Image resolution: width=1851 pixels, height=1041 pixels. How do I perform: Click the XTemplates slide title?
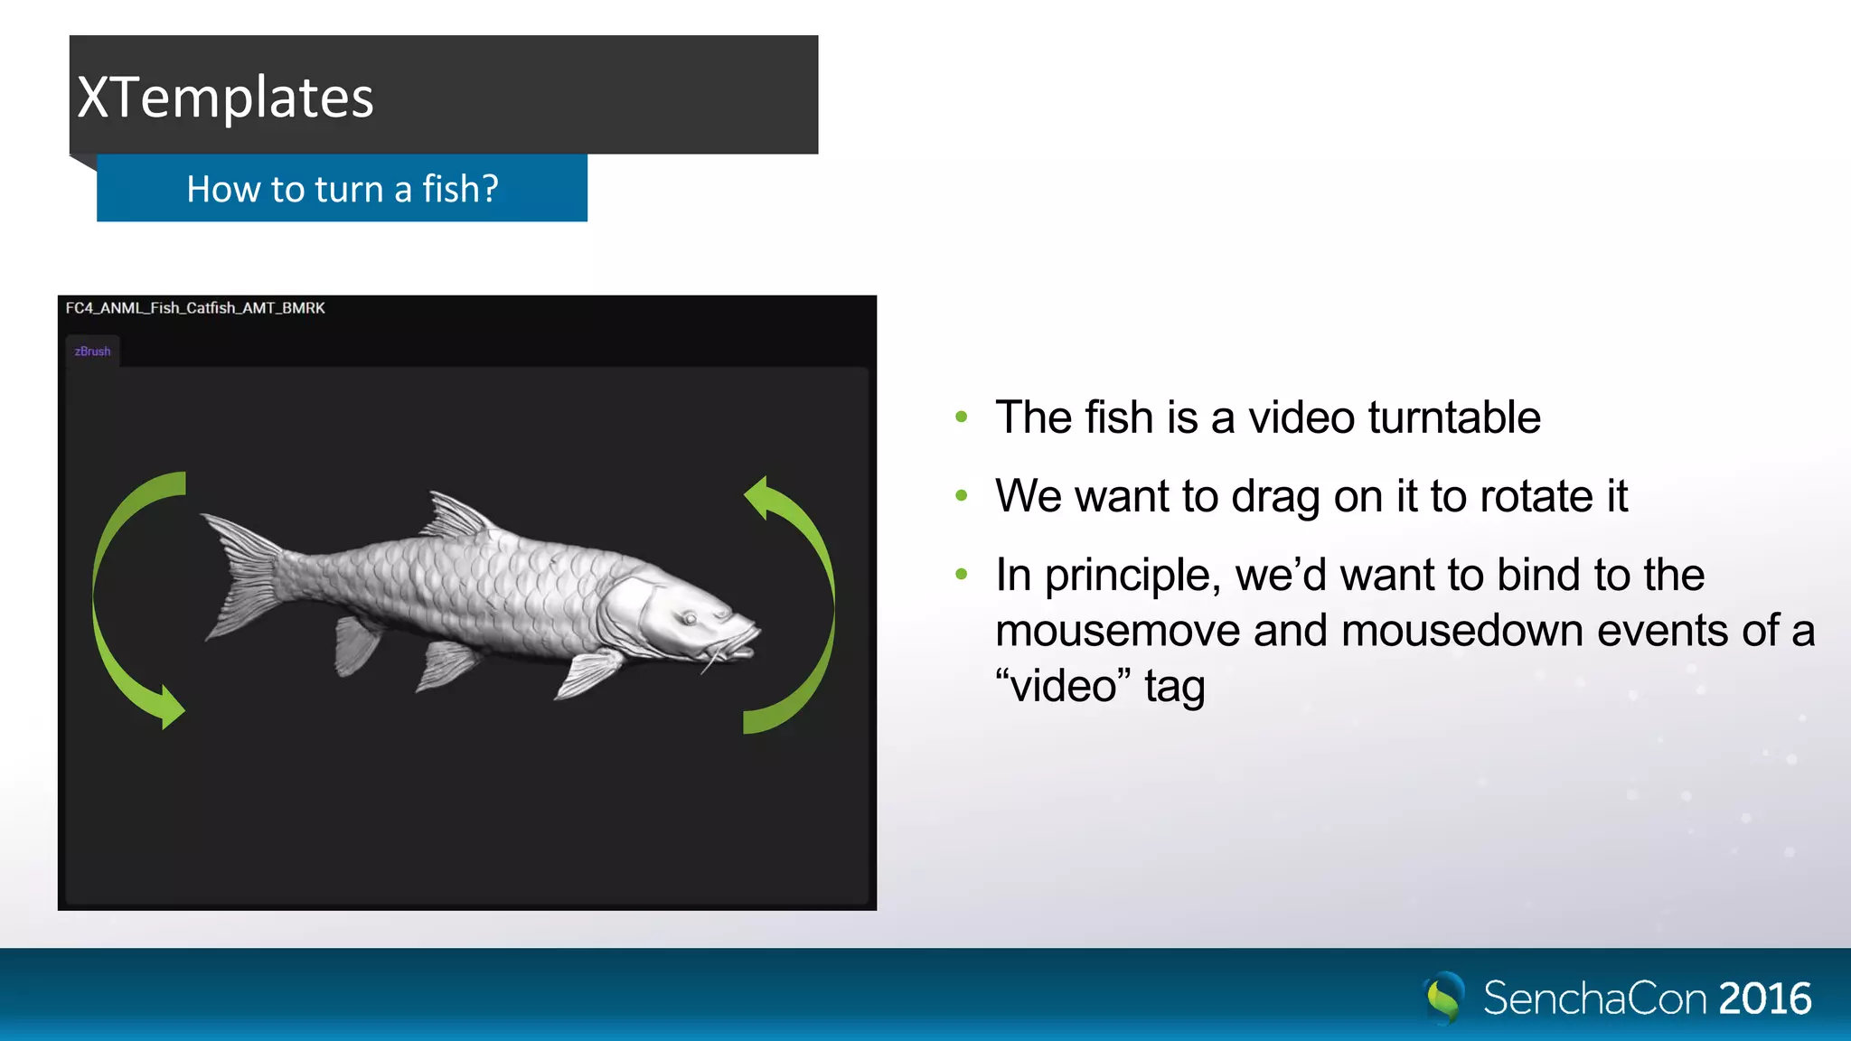pyautogui.click(x=226, y=98)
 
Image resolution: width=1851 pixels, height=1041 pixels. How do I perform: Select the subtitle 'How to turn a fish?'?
pyautogui.click(x=342, y=189)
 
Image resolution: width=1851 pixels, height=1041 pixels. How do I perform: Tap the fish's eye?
pyautogui.click(x=689, y=619)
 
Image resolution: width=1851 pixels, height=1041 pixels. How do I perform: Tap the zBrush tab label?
pyautogui.click(x=92, y=352)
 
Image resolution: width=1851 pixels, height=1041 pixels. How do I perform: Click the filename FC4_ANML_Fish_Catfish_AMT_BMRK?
pyautogui.click(x=195, y=308)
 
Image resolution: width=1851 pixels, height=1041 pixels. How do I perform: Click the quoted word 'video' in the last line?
pyautogui.click(x=1063, y=686)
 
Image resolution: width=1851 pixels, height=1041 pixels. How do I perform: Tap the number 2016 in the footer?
pyautogui.click(x=1764, y=999)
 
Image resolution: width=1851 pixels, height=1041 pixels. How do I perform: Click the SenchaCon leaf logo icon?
pyautogui.click(x=1444, y=998)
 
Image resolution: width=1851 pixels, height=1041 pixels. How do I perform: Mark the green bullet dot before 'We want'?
pyautogui.click(x=962, y=495)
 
